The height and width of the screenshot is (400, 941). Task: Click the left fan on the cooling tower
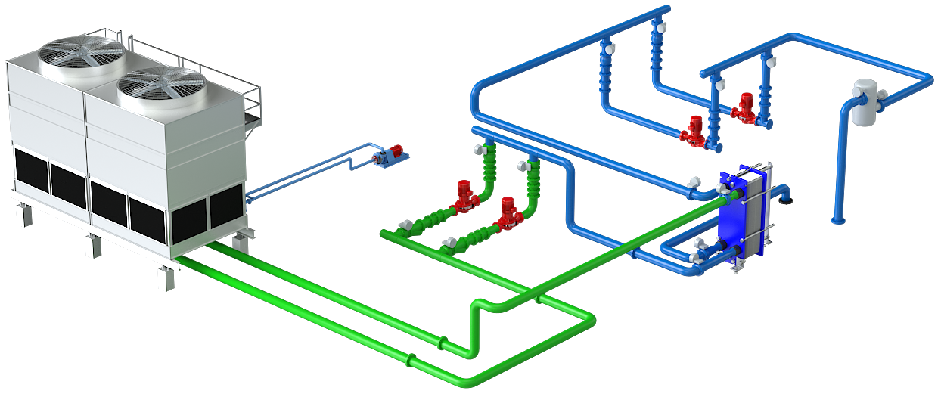(81, 53)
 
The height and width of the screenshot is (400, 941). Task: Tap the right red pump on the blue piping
(747, 108)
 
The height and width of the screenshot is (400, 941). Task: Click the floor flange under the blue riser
(837, 221)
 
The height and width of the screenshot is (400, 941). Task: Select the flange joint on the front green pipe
(411, 361)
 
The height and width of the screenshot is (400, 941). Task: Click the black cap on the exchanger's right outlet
(787, 199)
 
